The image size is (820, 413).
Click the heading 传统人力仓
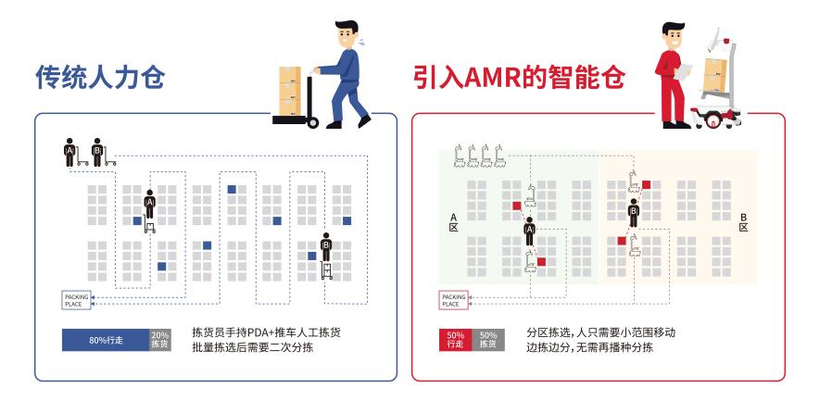99,78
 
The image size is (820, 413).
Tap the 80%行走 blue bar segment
104,340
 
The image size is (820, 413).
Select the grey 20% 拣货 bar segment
159,340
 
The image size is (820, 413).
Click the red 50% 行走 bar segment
455,340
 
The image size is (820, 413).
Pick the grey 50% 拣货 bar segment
489,340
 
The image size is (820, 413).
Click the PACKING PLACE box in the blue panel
76,299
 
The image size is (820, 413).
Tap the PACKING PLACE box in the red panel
453,299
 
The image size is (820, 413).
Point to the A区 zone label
453,221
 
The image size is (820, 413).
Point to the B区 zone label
743,221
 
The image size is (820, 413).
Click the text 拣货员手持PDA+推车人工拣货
259,332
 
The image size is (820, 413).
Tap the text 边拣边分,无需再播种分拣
590,348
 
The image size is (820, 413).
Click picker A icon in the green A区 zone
530,226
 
